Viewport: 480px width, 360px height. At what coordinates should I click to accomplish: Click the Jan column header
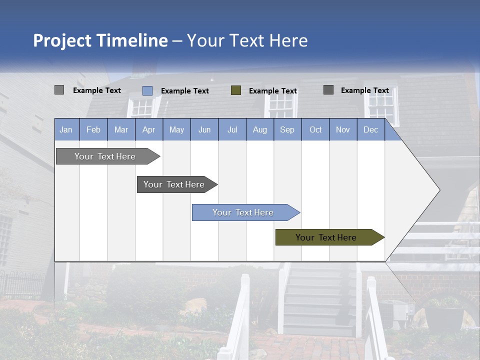point(66,129)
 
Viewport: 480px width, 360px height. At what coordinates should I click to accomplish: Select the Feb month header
point(93,129)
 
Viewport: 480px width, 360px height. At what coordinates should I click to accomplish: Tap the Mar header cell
point(121,129)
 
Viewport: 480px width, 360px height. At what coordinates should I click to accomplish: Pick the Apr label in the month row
point(149,129)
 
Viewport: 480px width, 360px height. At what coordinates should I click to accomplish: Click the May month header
point(176,129)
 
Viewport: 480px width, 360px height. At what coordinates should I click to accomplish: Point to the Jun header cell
point(204,129)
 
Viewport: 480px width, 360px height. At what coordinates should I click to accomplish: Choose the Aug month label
point(260,129)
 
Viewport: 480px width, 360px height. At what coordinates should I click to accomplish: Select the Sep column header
point(287,129)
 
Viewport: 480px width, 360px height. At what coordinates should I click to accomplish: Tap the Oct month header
point(315,129)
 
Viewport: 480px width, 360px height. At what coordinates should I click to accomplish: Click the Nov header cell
point(343,129)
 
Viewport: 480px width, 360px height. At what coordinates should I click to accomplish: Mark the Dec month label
point(371,129)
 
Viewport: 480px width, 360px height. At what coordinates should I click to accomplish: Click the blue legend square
point(147,90)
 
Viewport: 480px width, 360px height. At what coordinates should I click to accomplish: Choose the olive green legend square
point(236,90)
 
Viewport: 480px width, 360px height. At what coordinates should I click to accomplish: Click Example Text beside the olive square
point(273,91)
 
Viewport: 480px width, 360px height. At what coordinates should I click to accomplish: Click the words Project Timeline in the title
point(100,40)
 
